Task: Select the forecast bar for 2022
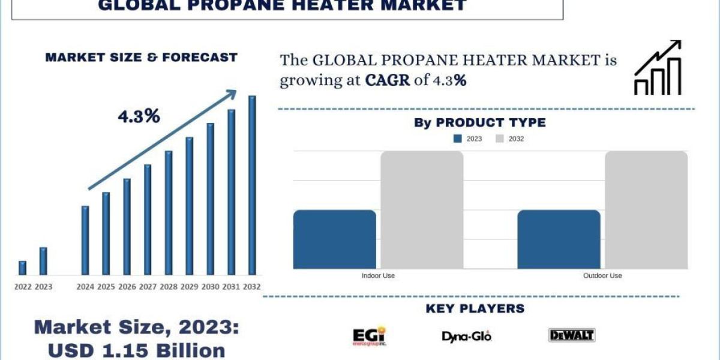(x=22, y=268)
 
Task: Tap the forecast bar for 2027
(x=148, y=219)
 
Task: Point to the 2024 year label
(x=85, y=287)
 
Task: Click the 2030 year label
(x=210, y=287)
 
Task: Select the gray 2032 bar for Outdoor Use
(x=646, y=209)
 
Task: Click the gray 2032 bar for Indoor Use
(x=422, y=209)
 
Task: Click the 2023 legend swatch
(x=458, y=139)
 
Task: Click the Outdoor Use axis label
(x=602, y=275)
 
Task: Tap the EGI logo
(x=369, y=337)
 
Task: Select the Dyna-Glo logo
(x=466, y=337)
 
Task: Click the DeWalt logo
(x=571, y=335)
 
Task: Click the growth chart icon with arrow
(x=658, y=68)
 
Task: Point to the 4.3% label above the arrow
(x=139, y=116)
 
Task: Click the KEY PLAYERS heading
(x=475, y=308)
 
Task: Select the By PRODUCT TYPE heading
(x=479, y=122)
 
